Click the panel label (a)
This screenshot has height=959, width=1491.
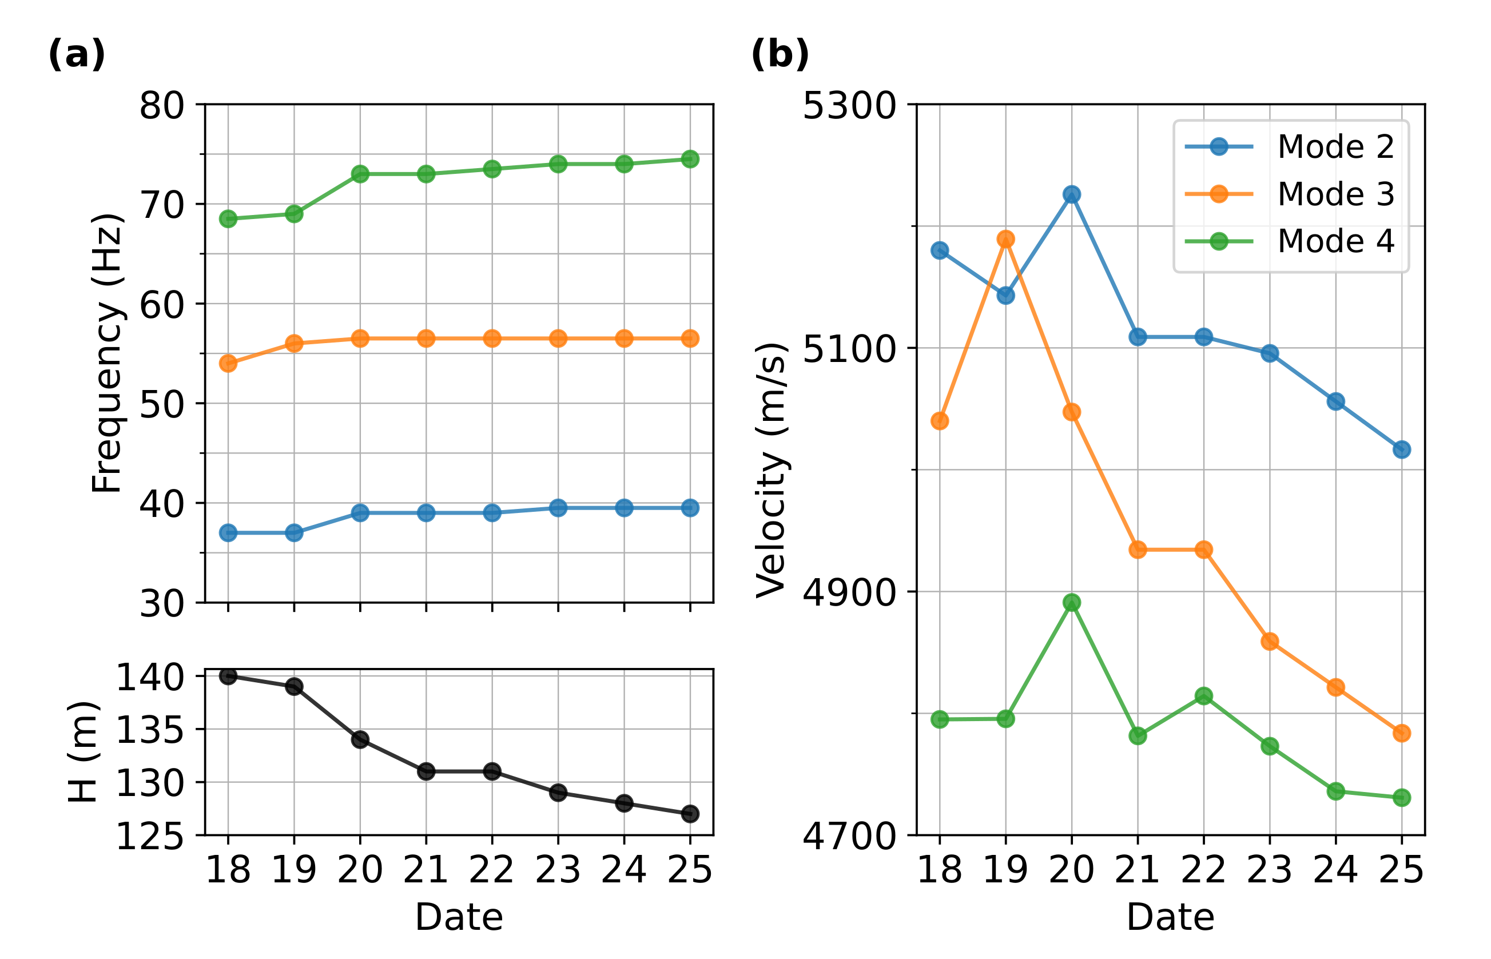tap(76, 54)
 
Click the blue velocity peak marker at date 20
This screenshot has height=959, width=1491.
tap(1071, 194)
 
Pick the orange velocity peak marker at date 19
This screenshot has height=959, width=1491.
tap(1005, 239)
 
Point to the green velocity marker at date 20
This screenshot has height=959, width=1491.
tap(1071, 602)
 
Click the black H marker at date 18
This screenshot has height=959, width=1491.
tap(228, 676)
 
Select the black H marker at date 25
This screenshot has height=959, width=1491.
tap(689, 814)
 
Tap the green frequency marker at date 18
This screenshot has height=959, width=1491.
tap(228, 218)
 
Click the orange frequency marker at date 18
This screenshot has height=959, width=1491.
tap(228, 363)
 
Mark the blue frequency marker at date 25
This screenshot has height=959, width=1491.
tap(689, 508)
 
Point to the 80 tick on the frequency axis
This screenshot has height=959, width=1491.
tap(162, 106)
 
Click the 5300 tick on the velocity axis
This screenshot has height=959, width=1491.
tap(848, 106)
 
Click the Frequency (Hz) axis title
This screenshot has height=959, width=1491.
tap(106, 353)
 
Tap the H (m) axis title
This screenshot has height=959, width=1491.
tap(83, 751)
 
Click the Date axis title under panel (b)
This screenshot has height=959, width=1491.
tap(1170, 917)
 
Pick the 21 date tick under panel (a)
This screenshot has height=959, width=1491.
tap(426, 870)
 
